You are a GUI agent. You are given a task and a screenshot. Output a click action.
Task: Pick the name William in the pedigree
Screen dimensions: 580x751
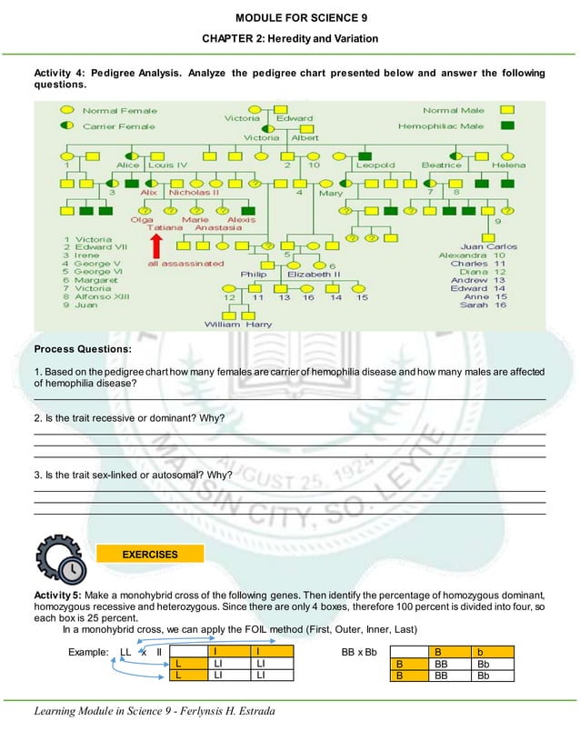coord(223,325)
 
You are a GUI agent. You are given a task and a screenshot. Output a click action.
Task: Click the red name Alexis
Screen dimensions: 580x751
coord(241,219)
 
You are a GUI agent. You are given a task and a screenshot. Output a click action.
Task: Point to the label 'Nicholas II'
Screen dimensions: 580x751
coord(194,193)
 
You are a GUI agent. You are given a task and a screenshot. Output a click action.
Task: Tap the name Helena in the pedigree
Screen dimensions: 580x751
coord(508,165)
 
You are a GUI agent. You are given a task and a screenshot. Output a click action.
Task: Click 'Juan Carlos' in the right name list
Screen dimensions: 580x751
coord(489,246)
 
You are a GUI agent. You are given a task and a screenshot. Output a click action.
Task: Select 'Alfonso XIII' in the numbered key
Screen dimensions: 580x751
coord(101,296)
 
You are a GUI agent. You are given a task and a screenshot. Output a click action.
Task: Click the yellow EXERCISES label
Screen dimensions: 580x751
coord(151,554)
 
